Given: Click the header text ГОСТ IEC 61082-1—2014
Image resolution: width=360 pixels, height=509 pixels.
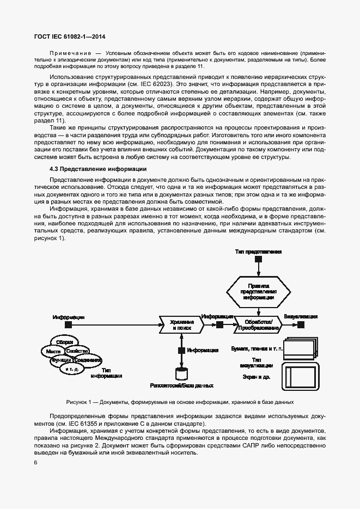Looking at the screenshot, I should point(69,36).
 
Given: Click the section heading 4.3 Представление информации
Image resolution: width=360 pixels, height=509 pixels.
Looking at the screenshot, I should point(98,169).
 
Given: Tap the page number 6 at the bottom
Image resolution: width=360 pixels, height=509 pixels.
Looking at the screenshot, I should point(36,463).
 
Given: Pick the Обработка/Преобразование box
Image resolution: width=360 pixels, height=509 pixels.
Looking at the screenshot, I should point(258,325).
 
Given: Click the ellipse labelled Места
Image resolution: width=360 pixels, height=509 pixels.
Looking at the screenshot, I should point(53,352).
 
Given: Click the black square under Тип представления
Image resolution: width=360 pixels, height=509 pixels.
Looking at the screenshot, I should point(259,259).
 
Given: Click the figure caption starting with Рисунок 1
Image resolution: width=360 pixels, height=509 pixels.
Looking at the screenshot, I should point(180,402).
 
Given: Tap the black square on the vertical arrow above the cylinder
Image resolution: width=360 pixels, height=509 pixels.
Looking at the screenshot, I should point(181,351).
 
